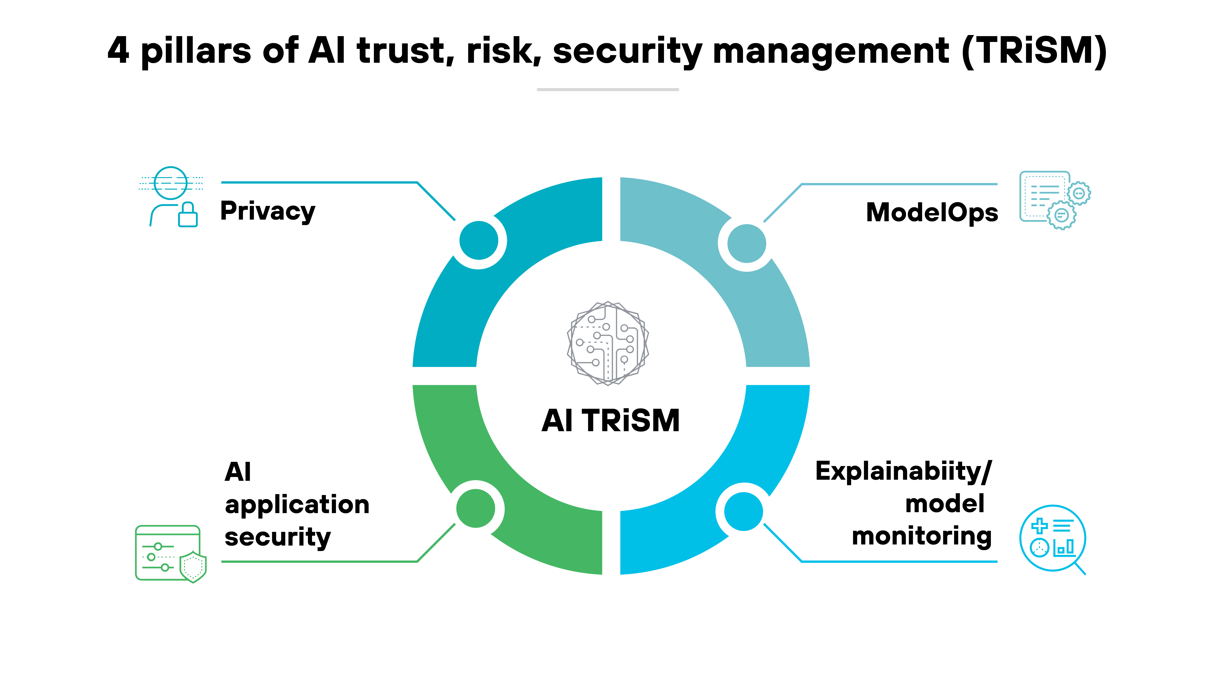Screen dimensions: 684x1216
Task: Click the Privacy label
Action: [x=268, y=211]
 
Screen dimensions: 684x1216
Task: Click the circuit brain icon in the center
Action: [x=608, y=343]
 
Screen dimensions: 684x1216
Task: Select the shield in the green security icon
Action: [x=193, y=567]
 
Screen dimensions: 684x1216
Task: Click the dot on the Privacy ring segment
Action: [x=479, y=240]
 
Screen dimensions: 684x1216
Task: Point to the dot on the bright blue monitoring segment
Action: [x=743, y=511]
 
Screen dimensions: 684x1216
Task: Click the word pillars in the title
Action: [x=196, y=51]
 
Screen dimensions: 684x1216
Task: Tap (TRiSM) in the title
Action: [x=1034, y=51]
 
